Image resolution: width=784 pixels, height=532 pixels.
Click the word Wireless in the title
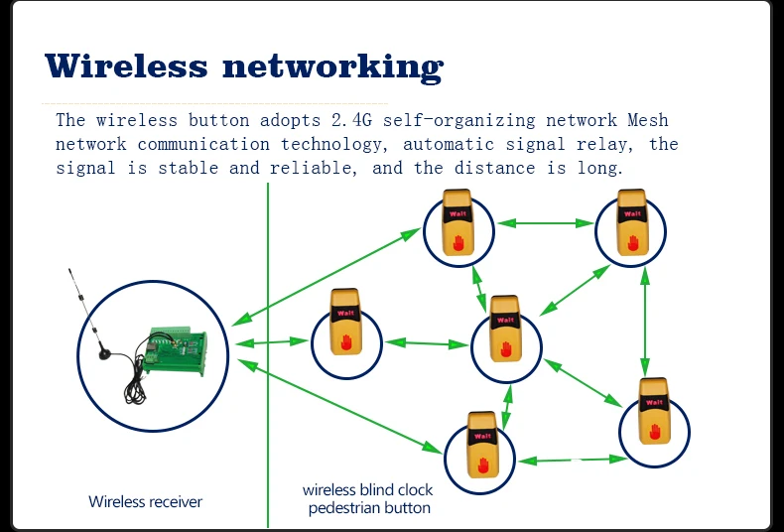(126, 66)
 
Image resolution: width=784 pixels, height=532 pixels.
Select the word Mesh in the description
(648, 121)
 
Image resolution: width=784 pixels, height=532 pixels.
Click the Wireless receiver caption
(146, 502)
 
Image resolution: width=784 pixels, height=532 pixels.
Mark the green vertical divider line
(268, 397)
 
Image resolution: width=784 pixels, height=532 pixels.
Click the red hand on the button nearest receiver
(346, 341)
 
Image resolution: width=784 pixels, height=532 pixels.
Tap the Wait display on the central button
(505, 320)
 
